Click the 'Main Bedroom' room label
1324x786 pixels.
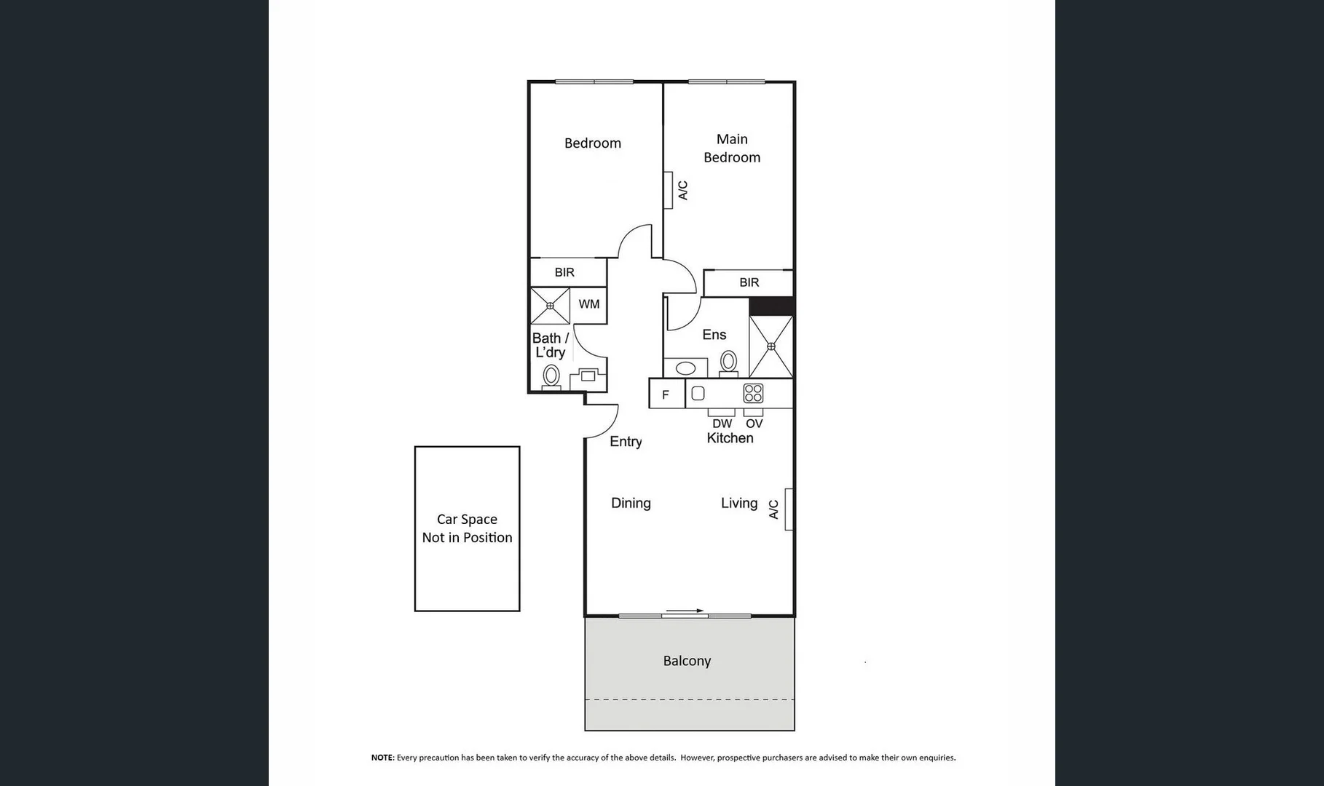click(x=732, y=148)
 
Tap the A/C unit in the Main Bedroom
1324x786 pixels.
click(x=669, y=190)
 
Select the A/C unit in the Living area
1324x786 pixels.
click(x=788, y=509)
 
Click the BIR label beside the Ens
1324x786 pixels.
click(x=749, y=282)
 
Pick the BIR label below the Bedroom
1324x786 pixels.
click(x=564, y=272)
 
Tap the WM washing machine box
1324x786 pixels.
click(x=589, y=304)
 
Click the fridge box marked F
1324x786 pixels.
click(x=666, y=394)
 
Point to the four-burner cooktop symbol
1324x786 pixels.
click(x=753, y=394)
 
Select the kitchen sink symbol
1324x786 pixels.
click(x=698, y=394)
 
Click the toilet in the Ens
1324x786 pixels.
click(x=728, y=362)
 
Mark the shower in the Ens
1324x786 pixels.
click(x=771, y=346)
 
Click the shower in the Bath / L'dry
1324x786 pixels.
click(x=550, y=306)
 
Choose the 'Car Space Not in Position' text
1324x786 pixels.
click(x=467, y=528)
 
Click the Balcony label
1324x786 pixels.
click(x=687, y=661)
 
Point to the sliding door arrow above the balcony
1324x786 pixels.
click(x=685, y=611)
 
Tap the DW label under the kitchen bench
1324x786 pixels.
click(x=722, y=424)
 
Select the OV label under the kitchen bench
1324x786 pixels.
click(x=754, y=424)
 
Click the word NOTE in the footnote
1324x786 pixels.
click(x=382, y=758)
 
